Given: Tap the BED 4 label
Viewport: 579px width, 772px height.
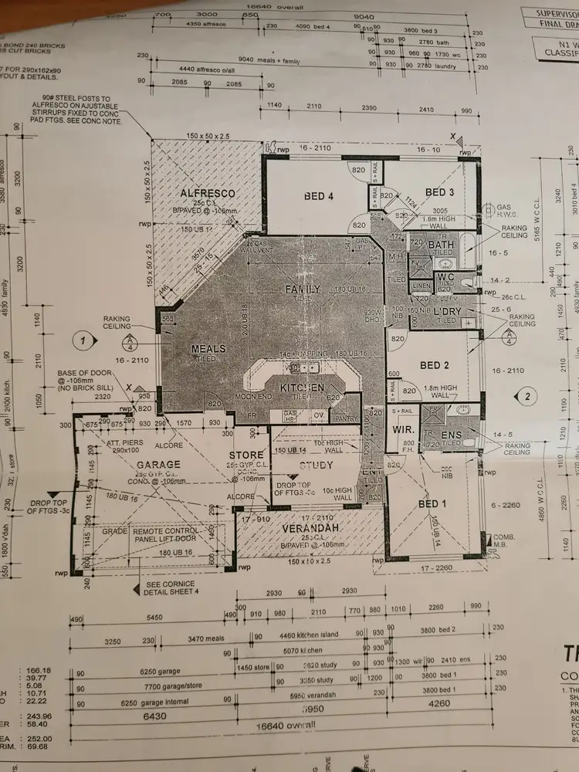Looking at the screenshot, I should tap(319, 196).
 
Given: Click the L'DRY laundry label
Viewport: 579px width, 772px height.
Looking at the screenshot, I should tap(447, 310).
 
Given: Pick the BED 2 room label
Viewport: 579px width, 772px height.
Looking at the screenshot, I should tap(435, 365).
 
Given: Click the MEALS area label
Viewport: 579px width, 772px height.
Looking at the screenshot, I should tap(208, 349).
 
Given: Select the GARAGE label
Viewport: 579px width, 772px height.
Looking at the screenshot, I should tap(159, 465).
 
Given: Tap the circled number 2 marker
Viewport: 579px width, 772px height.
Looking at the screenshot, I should tap(527, 397).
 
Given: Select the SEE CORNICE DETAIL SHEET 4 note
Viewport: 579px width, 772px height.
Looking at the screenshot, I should tap(176, 587).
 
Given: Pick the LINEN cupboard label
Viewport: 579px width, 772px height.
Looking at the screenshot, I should tap(421, 286).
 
